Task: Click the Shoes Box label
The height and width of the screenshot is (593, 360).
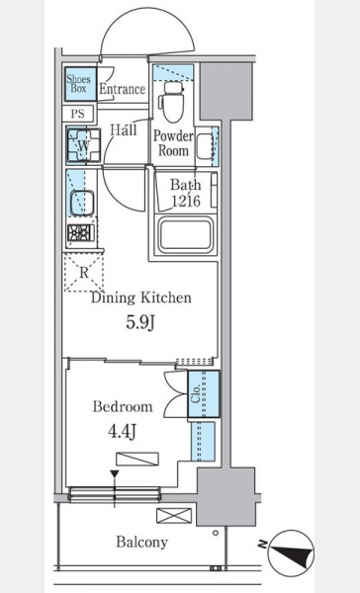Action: pyautogui.click(x=79, y=84)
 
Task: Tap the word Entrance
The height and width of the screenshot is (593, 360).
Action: pyautogui.click(x=123, y=89)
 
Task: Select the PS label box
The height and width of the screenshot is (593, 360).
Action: pyautogui.click(x=78, y=113)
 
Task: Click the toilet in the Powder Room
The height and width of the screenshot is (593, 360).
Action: pyautogui.click(x=173, y=102)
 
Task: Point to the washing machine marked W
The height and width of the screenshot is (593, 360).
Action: pyautogui.click(x=84, y=145)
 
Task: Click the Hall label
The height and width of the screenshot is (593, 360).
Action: pyautogui.click(x=124, y=130)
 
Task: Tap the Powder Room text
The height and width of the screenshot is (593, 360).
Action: pyautogui.click(x=173, y=143)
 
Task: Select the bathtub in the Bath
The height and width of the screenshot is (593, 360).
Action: pyautogui.click(x=186, y=235)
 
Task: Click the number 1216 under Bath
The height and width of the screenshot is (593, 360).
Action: pyautogui.click(x=186, y=201)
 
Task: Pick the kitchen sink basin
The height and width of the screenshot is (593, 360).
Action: pyautogui.click(x=81, y=203)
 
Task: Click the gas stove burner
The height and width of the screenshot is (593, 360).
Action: pyautogui.click(x=81, y=232)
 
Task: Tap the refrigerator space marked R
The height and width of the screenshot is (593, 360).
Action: pyautogui.click(x=84, y=273)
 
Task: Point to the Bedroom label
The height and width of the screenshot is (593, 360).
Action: pyautogui.click(x=123, y=406)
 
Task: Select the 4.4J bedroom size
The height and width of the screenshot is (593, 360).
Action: pyautogui.click(x=123, y=431)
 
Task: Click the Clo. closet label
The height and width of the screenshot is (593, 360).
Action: pyautogui.click(x=196, y=393)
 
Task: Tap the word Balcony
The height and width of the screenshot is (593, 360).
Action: pyautogui.click(x=142, y=542)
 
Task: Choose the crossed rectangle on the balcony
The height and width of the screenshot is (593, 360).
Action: pyautogui.click(x=174, y=516)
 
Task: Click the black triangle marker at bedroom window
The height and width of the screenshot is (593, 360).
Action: pyautogui.click(x=115, y=473)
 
